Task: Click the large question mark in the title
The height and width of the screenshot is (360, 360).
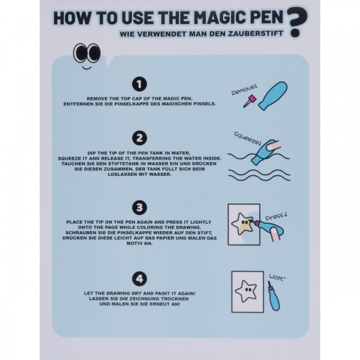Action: tap(298, 22)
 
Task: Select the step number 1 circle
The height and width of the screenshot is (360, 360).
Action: tap(139, 84)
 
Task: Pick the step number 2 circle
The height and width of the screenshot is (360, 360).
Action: tap(139, 138)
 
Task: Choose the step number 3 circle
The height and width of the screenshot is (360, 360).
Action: tap(139, 208)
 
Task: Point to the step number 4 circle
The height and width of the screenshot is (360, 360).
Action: tap(139, 279)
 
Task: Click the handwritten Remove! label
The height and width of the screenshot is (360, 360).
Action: tap(244, 90)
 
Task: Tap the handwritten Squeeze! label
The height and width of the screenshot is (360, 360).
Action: tap(247, 139)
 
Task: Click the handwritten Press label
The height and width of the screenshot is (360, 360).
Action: tap(276, 217)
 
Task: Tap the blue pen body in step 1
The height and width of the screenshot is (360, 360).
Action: tap(273, 95)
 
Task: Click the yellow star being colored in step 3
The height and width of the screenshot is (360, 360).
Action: tap(243, 224)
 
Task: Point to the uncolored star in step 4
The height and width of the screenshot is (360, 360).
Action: tap(245, 292)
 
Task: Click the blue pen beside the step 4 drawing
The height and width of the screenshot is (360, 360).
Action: tap(274, 296)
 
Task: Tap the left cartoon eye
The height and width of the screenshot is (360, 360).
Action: tap(80, 53)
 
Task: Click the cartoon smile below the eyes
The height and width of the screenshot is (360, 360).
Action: tap(87, 67)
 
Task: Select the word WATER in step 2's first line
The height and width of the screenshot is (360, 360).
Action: tap(181, 153)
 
